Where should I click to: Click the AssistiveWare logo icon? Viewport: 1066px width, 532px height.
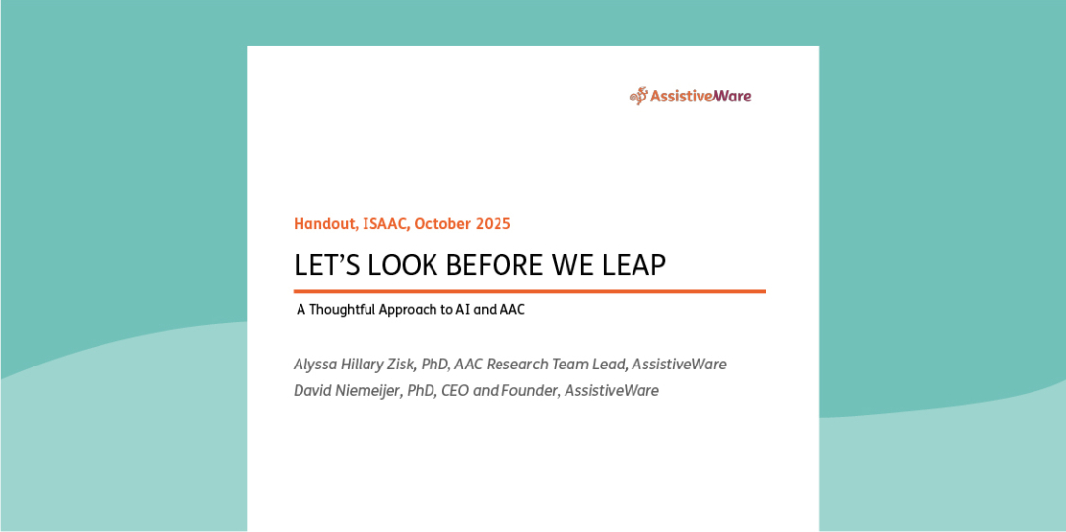click(638, 96)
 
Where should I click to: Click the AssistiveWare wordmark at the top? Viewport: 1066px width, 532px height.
click(700, 97)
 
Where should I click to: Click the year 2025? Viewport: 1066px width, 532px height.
click(494, 224)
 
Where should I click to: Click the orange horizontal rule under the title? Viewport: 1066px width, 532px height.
click(529, 292)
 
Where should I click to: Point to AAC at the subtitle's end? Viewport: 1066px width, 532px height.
click(509, 310)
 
